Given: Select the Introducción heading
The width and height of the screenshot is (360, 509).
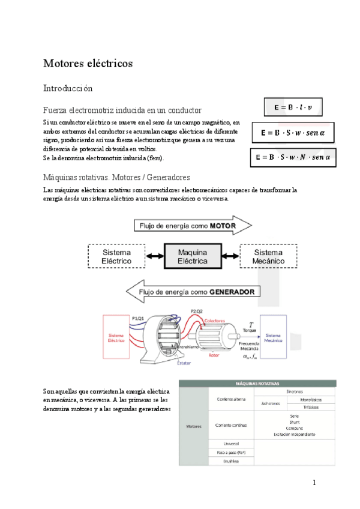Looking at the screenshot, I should click(68, 88).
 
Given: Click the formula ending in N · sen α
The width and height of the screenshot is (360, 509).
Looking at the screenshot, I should click(293, 157).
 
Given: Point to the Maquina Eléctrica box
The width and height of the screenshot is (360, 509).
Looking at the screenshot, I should click(193, 257).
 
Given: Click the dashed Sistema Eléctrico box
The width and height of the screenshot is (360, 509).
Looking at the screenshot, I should click(116, 257).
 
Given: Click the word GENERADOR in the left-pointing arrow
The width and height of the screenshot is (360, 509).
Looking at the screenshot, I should click(235, 292).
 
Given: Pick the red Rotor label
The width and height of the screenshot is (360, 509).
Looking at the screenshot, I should click(214, 354).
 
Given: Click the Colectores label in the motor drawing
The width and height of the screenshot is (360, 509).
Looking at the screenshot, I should click(214, 321).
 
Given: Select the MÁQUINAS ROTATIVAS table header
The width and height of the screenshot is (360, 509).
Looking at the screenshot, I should click(259, 384).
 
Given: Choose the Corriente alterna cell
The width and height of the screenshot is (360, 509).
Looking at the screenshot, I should click(230, 399).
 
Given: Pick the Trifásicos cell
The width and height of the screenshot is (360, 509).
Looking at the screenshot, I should click(311, 406).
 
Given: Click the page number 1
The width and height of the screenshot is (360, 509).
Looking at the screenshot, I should click(314, 483).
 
